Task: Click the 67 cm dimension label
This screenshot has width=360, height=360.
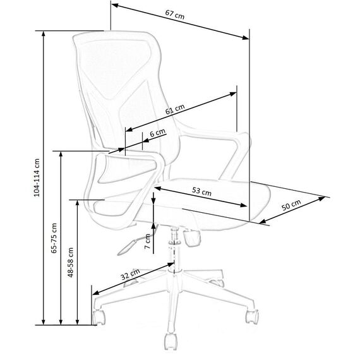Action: click(x=175, y=15)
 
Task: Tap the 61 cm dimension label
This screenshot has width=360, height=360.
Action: click(x=175, y=109)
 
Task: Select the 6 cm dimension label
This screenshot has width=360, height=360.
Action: click(x=157, y=133)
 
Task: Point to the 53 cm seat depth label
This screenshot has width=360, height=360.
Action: click(x=201, y=191)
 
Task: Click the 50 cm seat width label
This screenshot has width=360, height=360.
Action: click(x=291, y=205)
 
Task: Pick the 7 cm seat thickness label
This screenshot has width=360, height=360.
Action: click(x=148, y=241)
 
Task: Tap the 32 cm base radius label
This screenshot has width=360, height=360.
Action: click(x=130, y=274)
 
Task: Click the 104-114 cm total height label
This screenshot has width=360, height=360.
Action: click(x=37, y=177)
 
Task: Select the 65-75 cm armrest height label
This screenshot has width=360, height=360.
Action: click(x=54, y=238)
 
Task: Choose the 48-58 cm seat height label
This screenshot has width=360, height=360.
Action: click(x=71, y=262)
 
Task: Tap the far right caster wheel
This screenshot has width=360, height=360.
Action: click(x=252, y=316)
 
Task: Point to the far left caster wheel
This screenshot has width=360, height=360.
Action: click(x=99, y=317)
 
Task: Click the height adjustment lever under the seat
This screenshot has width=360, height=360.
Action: click(x=127, y=247)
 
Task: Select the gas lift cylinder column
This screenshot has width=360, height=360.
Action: click(x=174, y=249)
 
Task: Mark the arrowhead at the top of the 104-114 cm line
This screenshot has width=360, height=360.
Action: click(x=43, y=33)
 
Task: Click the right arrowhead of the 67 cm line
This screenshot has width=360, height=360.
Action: click(x=246, y=37)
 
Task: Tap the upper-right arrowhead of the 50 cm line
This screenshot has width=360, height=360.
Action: click(x=322, y=198)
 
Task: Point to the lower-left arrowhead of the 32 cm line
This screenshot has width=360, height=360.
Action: click(x=96, y=292)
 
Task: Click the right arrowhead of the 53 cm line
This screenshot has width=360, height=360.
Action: click(x=244, y=205)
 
